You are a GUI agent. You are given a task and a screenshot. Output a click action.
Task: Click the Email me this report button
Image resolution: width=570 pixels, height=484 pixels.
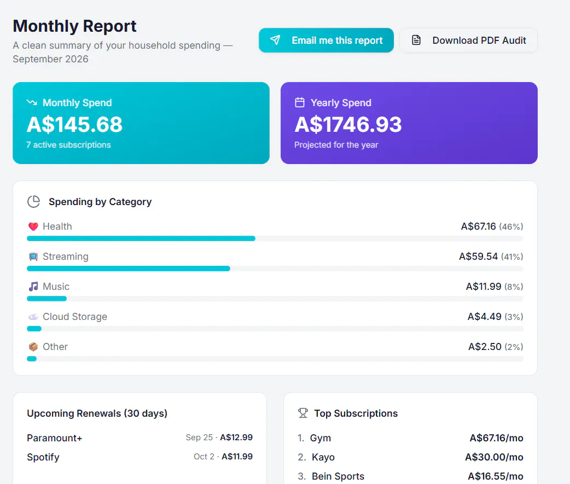[326, 40]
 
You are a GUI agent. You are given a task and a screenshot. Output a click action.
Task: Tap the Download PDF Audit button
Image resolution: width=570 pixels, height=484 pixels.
[468, 40]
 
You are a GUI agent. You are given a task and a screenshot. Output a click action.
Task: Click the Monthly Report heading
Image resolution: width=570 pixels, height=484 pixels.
[74, 26]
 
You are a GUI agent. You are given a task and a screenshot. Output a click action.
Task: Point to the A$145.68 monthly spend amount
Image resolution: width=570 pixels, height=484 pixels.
[74, 124]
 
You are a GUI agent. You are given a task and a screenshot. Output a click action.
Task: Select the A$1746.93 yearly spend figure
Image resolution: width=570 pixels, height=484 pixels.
[348, 124]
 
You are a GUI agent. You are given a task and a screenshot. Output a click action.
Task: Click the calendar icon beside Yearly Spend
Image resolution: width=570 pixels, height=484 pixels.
[300, 102]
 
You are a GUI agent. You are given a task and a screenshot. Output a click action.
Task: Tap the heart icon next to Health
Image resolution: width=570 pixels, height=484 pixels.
[33, 226]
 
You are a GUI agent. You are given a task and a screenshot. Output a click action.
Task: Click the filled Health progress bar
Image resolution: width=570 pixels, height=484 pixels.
[141, 238]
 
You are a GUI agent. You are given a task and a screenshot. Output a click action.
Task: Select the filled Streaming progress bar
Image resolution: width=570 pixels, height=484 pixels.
[129, 269]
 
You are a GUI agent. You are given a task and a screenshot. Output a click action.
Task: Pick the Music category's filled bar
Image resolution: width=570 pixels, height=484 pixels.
[46, 299]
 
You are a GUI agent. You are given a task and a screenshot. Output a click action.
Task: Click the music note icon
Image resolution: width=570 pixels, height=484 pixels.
[33, 287]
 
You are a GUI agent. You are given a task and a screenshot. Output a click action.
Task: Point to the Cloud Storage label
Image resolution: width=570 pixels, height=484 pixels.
[75, 317]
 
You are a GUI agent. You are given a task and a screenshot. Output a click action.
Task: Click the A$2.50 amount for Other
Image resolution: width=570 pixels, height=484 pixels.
[485, 347]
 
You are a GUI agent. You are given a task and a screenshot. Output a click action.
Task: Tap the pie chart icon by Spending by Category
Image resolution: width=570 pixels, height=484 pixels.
[33, 201]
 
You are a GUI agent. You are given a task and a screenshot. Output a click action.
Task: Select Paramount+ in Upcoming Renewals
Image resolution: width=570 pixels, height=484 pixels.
[55, 438]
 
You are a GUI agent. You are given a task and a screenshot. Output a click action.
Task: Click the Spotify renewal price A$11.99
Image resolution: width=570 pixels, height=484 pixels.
[237, 457]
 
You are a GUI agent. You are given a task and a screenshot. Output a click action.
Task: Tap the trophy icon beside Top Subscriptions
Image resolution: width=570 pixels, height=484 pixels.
[303, 413]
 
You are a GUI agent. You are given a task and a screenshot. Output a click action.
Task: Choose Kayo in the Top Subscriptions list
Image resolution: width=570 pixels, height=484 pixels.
[323, 457]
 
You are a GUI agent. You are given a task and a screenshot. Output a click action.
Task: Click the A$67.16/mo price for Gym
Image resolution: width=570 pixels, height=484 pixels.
[496, 438]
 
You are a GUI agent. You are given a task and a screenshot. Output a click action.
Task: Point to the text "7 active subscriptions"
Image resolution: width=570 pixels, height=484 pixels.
[68, 144]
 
